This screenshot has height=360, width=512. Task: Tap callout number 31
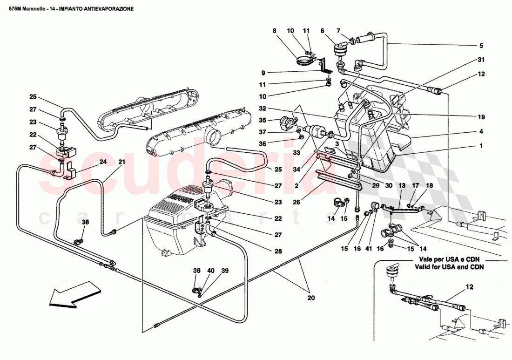(481, 59)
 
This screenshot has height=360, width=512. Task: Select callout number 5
(481, 46)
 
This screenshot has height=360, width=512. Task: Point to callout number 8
(275, 31)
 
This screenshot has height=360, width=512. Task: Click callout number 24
(102, 162)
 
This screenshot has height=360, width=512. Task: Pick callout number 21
(121, 162)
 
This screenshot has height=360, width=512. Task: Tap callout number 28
(278, 251)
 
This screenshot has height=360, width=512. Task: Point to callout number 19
(481, 117)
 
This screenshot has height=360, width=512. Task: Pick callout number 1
(481, 146)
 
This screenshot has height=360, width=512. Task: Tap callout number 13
(402, 186)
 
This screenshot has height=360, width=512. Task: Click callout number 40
(211, 271)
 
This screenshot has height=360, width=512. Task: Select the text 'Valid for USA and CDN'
(450, 267)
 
